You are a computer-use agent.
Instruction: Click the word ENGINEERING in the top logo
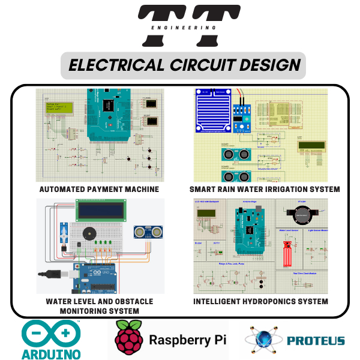click(x=180, y=27)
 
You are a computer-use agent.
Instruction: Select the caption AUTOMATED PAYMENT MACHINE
click(x=99, y=189)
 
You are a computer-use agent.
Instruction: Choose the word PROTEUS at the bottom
click(x=316, y=341)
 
